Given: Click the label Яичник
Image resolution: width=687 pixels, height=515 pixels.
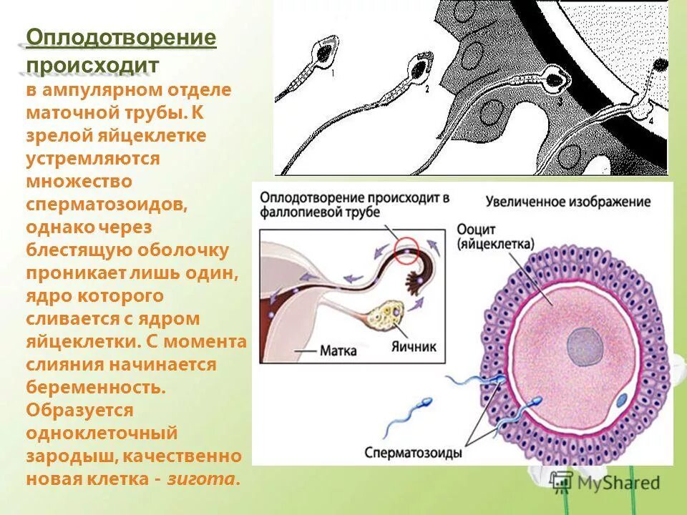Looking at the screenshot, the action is coord(413,345).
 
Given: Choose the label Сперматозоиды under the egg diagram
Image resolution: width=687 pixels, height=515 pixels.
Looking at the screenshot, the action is coord(413,452).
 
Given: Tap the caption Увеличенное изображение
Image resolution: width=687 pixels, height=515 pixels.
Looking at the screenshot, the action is coord(568,202).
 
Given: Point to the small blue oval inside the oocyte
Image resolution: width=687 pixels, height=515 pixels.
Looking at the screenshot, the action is coord(622,401).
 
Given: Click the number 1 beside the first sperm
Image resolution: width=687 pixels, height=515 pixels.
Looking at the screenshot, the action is coord(333,74).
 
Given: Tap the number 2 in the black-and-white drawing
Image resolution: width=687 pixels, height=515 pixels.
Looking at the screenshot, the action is coord(427,90).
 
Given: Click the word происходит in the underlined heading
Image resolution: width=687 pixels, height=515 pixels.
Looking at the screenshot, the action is coord(92,64).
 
